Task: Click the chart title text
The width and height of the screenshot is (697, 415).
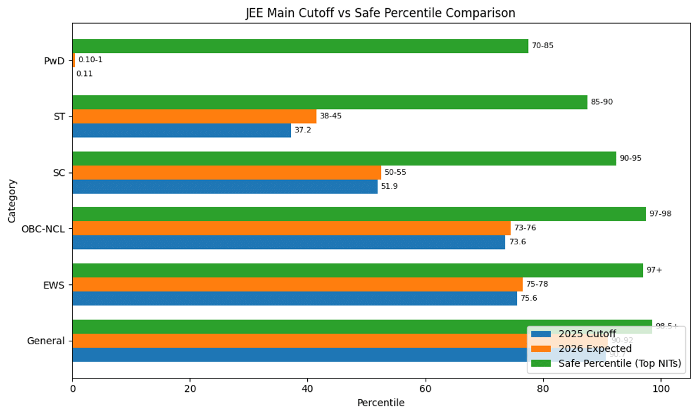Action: (x=380, y=13)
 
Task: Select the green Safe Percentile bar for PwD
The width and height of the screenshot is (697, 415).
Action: (x=300, y=46)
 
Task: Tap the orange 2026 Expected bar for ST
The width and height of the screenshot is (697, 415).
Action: (x=194, y=116)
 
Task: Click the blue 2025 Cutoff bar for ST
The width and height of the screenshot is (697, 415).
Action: (x=181, y=130)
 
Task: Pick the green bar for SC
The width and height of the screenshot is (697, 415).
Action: (x=344, y=158)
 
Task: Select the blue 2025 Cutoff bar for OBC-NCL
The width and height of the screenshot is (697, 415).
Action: (x=289, y=242)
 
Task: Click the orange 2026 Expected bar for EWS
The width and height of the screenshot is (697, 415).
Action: (x=297, y=284)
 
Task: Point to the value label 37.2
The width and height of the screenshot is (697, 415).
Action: (x=303, y=130)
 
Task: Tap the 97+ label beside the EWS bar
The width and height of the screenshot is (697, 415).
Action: (x=654, y=270)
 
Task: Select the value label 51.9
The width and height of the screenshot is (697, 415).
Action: (x=389, y=186)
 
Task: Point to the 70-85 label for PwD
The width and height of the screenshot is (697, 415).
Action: (x=542, y=46)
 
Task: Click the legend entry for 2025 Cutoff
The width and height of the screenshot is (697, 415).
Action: (x=587, y=334)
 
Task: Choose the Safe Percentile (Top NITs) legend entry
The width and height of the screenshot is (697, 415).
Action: (x=619, y=364)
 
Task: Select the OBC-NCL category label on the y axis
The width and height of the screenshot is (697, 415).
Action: (x=44, y=229)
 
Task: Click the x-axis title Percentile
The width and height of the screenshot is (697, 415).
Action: (x=380, y=403)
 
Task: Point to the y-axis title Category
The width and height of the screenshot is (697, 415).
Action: (x=12, y=201)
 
